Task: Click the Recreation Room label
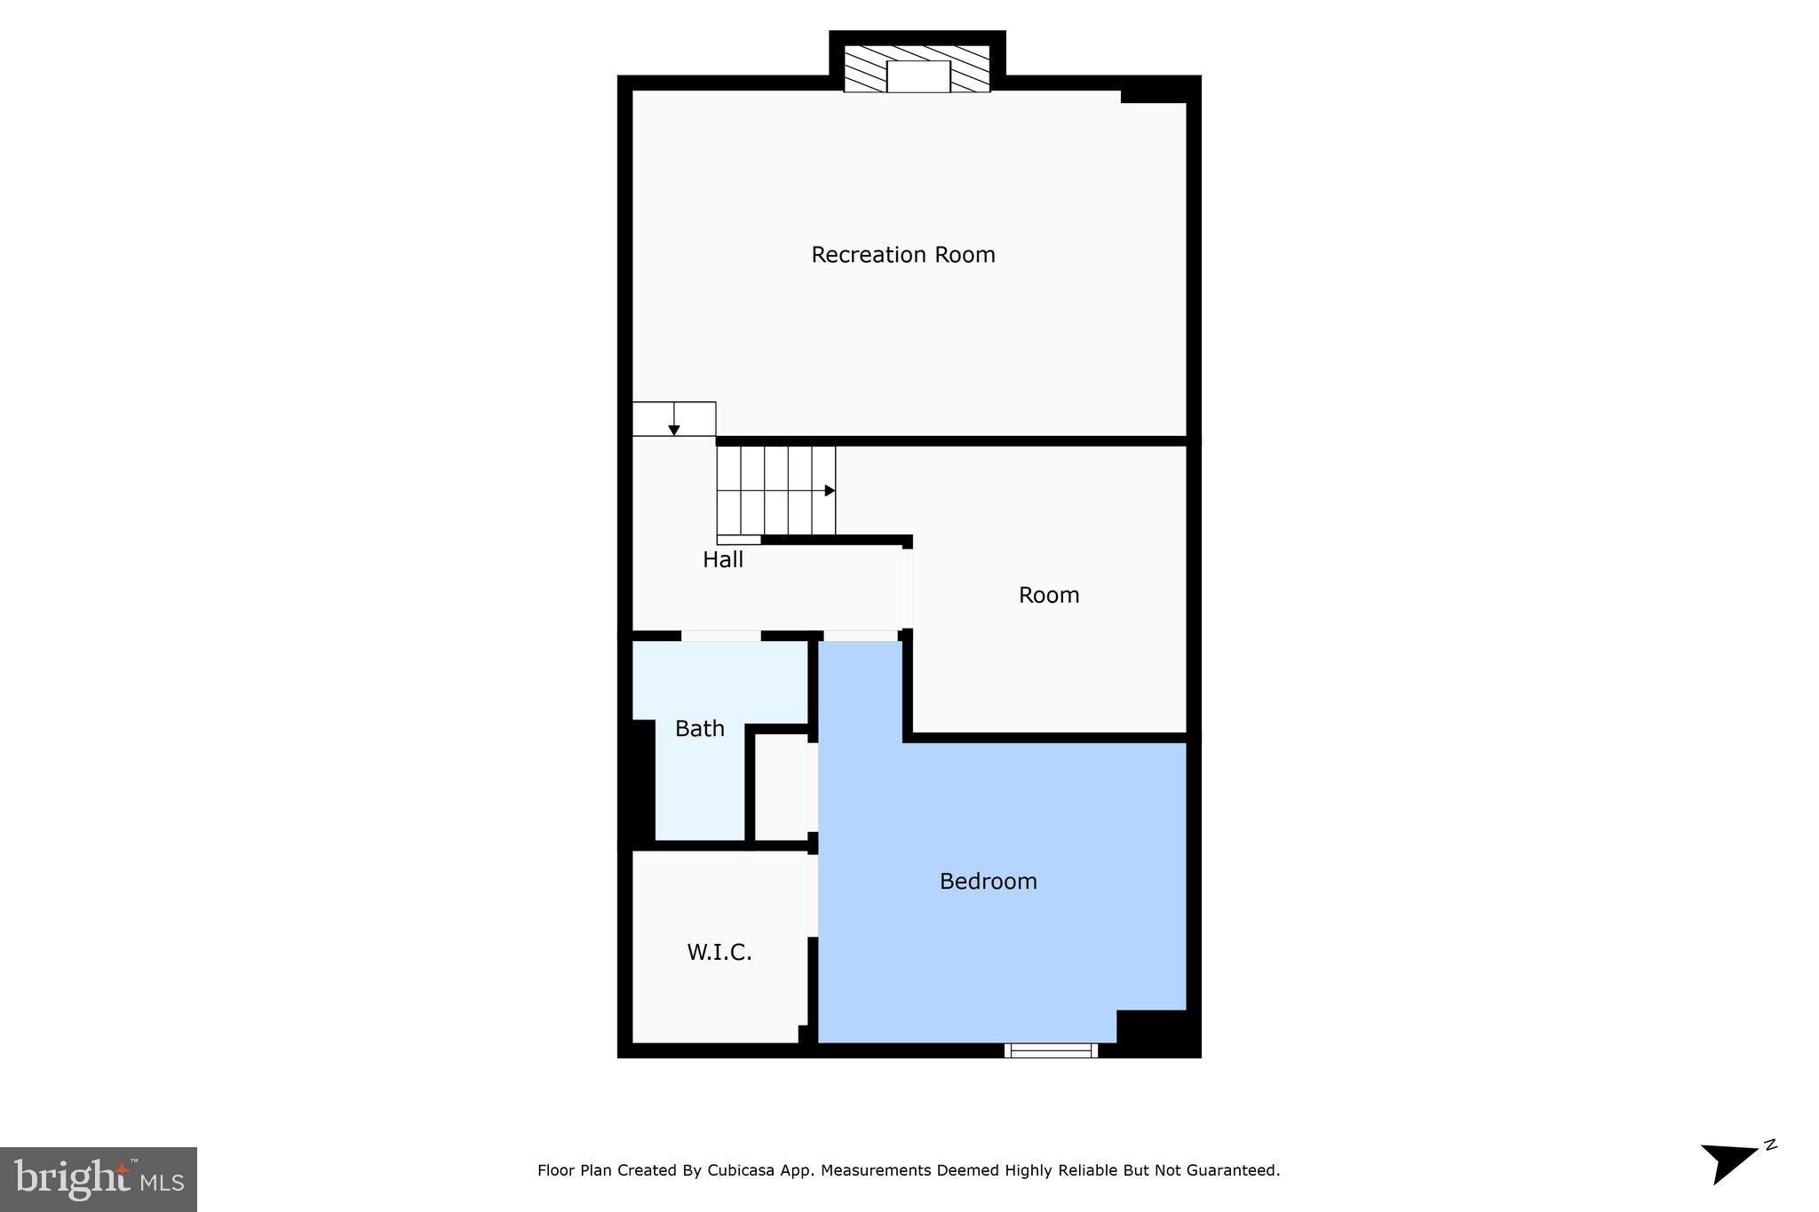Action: pyautogui.click(x=902, y=255)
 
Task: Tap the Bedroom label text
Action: pyautogui.click(x=988, y=881)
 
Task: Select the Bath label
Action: pyautogui.click(x=699, y=728)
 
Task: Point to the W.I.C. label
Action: pyautogui.click(x=719, y=953)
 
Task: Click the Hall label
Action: pyautogui.click(x=722, y=559)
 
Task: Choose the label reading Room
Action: pyautogui.click(x=1048, y=595)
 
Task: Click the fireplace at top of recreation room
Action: pyautogui.click(x=917, y=71)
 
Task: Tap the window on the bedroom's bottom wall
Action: pyautogui.click(x=1051, y=1050)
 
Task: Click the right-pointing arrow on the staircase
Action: pyautogui.click(x=830, y=490)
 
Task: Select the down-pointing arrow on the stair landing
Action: pyautogui.click(x=674, y=430)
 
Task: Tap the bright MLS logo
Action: pyautogui.click(x=99, y=1179)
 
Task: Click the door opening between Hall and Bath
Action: pyautogui.click(x=720, y=636)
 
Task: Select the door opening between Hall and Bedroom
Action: pyautogui.click(x=860, y=636)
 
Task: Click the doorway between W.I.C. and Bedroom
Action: pyautogui.click(x=813, y=895)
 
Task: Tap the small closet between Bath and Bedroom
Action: pyautogui.click(x=781, y=786)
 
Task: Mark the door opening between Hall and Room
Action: pyautogui.click(x=908, y=589)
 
